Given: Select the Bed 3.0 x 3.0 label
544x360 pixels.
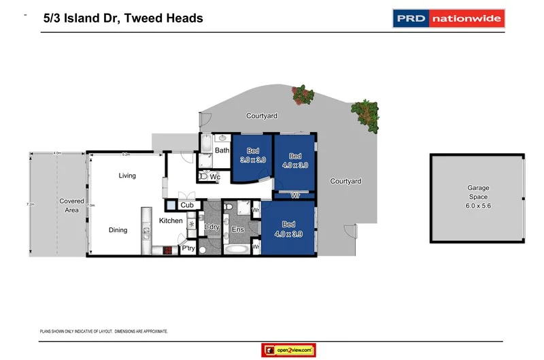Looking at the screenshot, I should point(252,154).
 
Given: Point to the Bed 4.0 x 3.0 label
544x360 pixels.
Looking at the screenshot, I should point(294,160).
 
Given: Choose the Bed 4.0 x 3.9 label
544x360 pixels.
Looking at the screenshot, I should point(288,229).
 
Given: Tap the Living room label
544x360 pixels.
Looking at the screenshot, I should point(127,176).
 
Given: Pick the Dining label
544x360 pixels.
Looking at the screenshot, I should point(118,230).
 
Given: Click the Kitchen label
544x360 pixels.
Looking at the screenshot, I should point(171,220).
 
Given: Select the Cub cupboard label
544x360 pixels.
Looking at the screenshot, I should point(187,205).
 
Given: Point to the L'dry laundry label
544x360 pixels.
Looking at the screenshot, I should point(211,227).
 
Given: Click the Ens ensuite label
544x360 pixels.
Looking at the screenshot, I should point(237,230).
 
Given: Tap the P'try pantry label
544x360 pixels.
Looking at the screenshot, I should point(188,249).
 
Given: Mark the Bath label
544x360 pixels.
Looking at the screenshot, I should point(222,150).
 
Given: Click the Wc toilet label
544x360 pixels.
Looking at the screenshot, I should point(215,177).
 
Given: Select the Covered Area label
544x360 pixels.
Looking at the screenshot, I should point(71,206).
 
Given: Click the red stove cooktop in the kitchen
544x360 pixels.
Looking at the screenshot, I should point(167,250).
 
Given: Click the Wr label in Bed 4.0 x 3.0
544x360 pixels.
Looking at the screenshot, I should point(295,195).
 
